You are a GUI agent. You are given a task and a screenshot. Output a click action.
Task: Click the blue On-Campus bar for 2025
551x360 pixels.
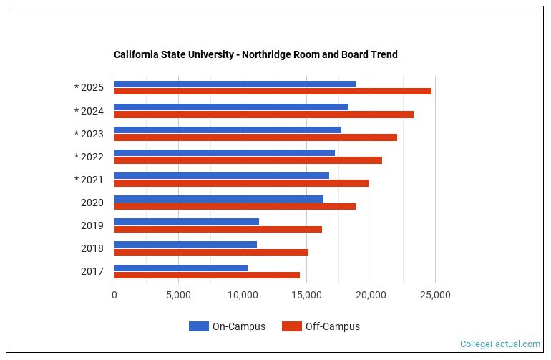click(235, 84)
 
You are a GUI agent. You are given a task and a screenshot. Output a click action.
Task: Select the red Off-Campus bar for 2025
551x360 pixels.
click(273, 92)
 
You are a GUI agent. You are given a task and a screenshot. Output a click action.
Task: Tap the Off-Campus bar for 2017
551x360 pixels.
click(207, 275)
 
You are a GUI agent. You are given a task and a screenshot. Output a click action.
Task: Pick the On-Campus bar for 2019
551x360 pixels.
click(186, 222)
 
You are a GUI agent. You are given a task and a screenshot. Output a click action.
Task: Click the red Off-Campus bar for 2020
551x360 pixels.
click(235, 206)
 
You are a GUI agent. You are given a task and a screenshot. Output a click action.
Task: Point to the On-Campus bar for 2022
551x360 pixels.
click(224, 152)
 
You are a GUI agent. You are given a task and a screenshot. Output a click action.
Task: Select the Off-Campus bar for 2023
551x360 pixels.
click(255, 137)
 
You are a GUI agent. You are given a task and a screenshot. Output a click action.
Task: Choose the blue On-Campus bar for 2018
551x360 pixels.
click(185, 245)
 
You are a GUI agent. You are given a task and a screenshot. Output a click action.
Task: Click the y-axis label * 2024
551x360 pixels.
click(89, 111)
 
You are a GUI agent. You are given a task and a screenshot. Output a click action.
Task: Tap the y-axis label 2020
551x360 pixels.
click(92, 203)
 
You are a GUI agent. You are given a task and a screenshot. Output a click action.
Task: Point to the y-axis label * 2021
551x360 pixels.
click(89, 180)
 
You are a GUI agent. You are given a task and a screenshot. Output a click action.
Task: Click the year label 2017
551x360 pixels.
click(92, 271)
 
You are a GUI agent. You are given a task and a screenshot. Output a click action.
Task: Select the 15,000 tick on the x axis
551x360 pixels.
click(307, 295)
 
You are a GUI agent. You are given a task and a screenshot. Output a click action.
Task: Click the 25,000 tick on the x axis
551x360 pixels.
click(435, 295)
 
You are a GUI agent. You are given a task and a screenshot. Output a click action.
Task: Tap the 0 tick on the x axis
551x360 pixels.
click(114, 295)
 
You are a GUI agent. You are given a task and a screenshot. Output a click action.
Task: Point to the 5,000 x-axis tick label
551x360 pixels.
click(178, 295)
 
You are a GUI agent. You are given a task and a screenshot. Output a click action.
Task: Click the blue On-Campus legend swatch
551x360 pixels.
click(198, 326)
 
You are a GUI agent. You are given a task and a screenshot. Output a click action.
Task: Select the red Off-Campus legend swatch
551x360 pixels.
click(291, 326)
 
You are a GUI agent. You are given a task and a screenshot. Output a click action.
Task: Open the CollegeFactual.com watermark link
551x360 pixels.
click(500, 344)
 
